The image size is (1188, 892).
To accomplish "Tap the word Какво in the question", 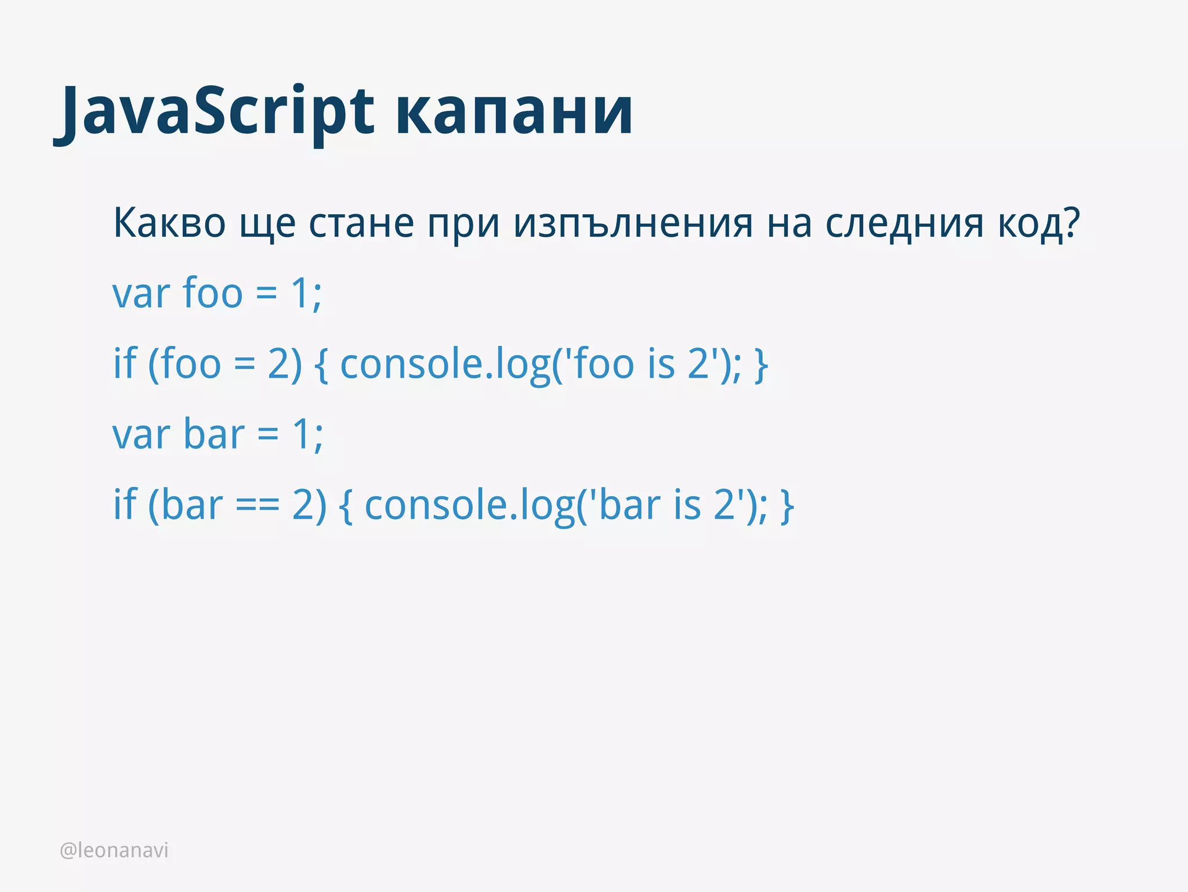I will [x=169, y=223].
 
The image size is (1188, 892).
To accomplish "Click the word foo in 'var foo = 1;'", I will [x=212, y=294].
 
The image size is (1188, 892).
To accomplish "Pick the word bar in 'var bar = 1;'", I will [x=214, y=434].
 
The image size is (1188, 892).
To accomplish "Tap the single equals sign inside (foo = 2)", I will [x=244, y=365].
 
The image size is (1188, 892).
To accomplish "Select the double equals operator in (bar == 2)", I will [x=258, y=505].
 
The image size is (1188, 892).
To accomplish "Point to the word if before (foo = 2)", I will [x=125, y=364].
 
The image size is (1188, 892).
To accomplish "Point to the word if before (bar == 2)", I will [x=125, y=504].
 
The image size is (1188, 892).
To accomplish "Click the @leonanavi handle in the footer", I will [x=114, y=850].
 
